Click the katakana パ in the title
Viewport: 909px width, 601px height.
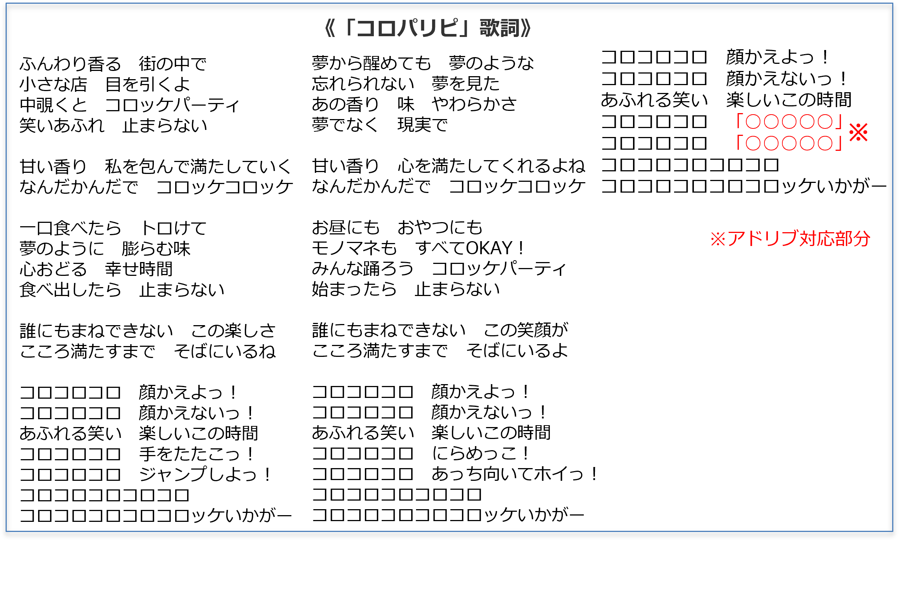(x=407, y=28)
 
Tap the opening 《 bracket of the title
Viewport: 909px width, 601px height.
(x=329, y=28)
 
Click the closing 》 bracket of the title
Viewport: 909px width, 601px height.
(x=525, y=28)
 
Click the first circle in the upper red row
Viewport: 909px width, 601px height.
(x=753, y=121)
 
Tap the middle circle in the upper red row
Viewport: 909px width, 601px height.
(x=789, y=121)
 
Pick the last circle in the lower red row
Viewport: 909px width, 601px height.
(x=825, y=143)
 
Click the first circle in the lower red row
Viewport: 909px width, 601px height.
(x=753, y=143)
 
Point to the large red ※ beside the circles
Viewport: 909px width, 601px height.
(x=858, y=132)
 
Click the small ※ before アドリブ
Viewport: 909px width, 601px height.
(x=718, y=239)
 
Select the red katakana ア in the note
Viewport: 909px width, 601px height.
(x=736, y=239)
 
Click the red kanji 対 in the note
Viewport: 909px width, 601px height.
(x=809, y=239)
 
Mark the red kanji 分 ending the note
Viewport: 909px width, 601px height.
(x=862, y=239)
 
